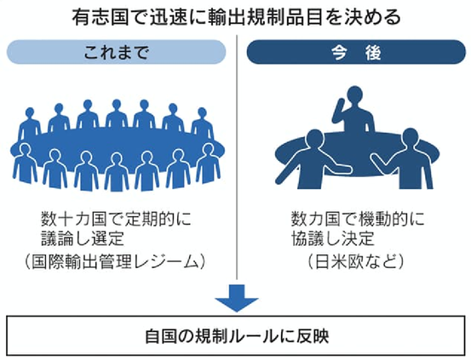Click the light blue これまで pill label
116,52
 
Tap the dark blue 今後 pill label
356,52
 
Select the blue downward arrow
237,298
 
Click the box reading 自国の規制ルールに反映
235,335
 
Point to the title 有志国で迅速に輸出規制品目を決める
237,17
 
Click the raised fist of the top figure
341,105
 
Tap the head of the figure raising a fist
355,95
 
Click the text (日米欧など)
356,261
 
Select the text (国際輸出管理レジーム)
115,261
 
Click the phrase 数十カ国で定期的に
116,219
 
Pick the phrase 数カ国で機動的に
358,219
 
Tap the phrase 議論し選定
83,238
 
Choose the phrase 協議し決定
332,238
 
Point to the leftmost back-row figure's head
30,113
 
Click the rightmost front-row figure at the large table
208,163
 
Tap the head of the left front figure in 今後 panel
315,140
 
